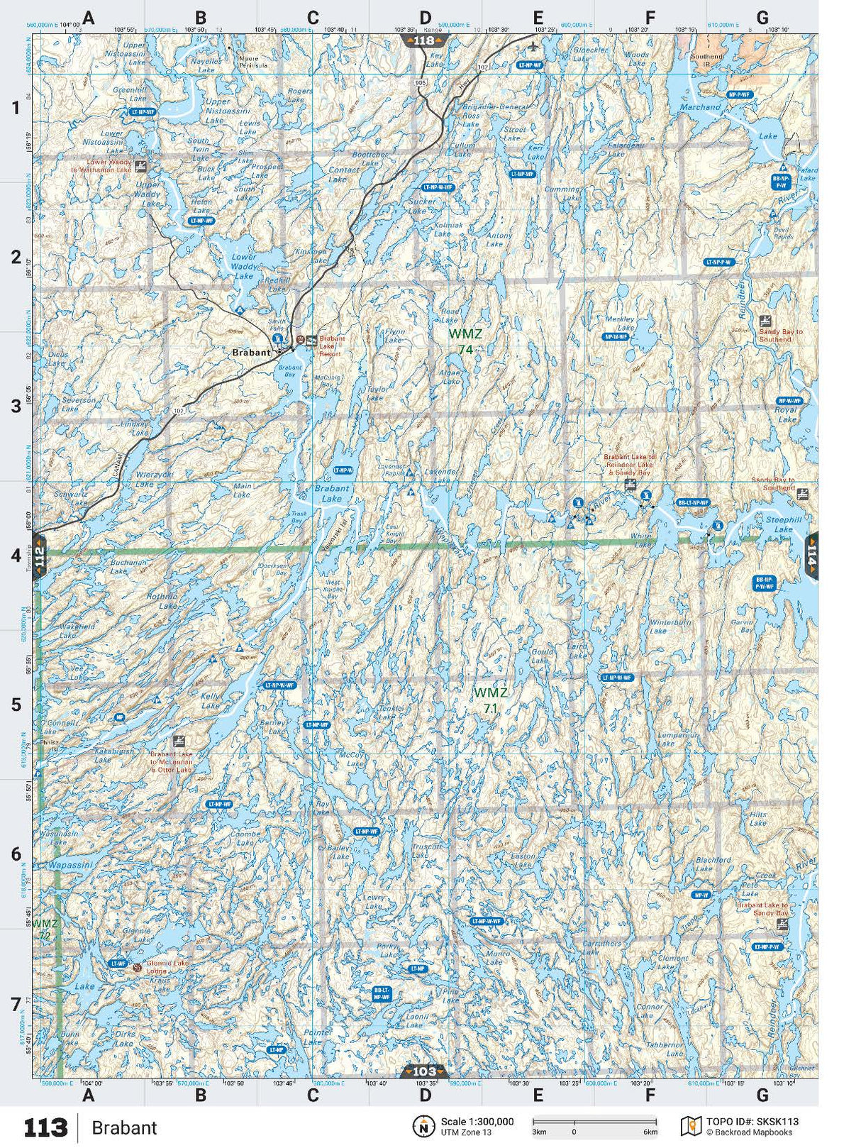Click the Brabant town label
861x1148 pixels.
coord(251,352)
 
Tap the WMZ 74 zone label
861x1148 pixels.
coord(465,341)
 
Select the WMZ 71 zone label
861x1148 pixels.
coord(490,700)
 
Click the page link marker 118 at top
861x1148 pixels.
coord(423,40)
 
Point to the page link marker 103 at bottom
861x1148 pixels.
coord(424,1071)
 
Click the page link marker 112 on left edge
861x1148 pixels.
coord(39,556)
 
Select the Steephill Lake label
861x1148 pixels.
coord(783,524)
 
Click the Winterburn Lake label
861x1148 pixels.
coord(670,627)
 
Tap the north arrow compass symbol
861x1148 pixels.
coord(423,1126)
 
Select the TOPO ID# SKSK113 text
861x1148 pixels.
coord(752,1122)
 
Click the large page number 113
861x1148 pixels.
coord(46,1127)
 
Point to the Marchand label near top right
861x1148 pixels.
coord(700,107)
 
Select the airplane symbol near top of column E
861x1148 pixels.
coord(533,47)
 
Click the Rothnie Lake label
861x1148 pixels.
coord(162,601)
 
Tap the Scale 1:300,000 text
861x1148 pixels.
coord(477,1122)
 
